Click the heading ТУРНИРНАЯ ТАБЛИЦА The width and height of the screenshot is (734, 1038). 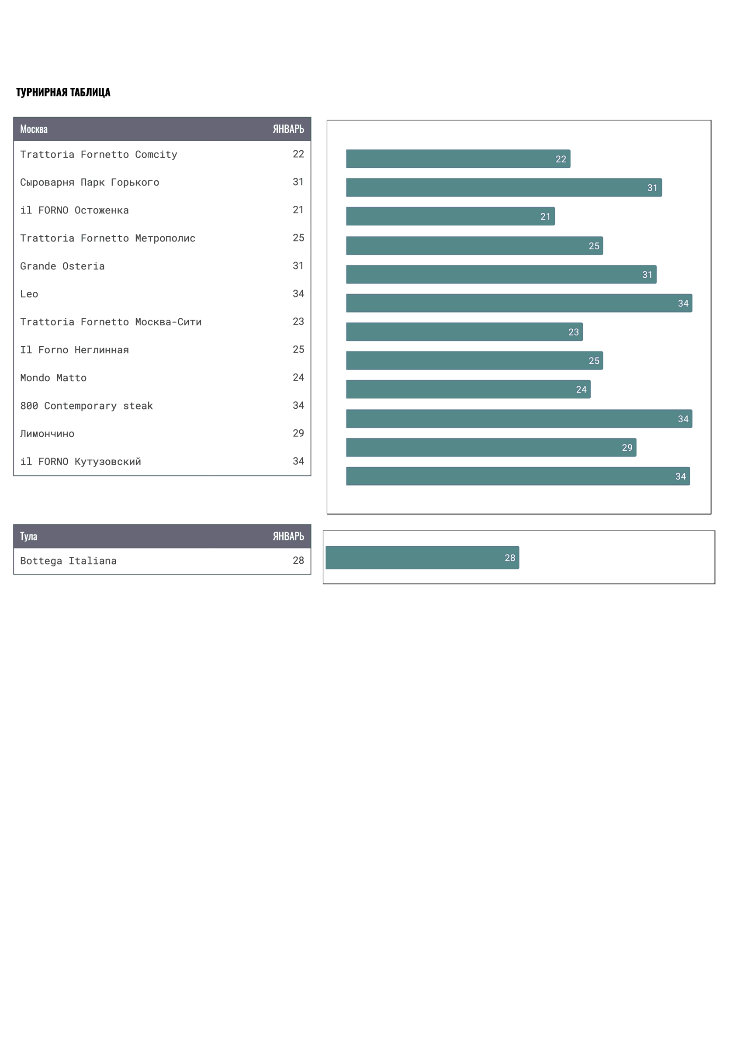(x=63, y=92)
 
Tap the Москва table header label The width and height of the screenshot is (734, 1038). (x=34, y=129)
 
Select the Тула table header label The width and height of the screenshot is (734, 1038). (x=28, y=537)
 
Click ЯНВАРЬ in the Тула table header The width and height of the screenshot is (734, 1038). (x=288, y=537)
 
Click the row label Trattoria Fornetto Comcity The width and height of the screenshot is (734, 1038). (x=99, y=155)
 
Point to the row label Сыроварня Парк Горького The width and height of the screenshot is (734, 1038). (x=90, y=183)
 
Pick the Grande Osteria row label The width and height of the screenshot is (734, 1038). (x=62, y=266)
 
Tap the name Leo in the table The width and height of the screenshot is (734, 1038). (x=29, y=294)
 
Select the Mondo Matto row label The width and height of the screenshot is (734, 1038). (x=53, y=378)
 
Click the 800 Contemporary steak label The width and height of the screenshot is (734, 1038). (x=87, y=406)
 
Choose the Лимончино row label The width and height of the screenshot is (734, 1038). (x=48, y=434)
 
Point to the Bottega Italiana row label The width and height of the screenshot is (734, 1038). (x=68, y=561)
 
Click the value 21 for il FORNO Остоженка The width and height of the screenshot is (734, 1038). (x=298, y=210)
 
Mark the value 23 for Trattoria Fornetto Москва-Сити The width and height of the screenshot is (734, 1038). (x=298, y=322)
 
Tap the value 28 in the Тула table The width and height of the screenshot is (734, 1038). (x=298, y=561)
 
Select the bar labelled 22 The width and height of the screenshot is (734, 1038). (x=458, y=159)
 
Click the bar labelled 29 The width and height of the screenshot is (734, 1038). (x=491, y=448)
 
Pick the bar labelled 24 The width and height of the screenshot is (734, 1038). (x=468, y=390)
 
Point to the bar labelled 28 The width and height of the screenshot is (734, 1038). (x=422, y=558)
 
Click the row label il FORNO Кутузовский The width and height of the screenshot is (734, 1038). (x=80, y=462)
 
